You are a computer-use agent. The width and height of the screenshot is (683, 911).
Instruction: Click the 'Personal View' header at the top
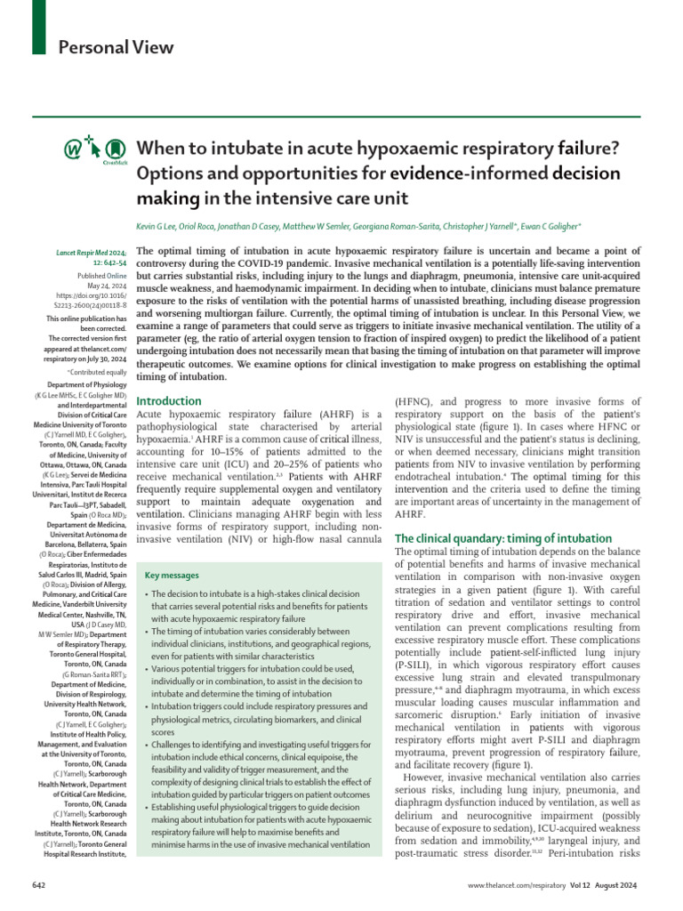click(x=117, y=47)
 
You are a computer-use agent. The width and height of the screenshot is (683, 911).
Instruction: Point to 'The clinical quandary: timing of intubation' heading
click(x=502, y=538)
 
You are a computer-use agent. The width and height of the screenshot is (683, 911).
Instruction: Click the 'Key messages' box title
click(x=172, y=576)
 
